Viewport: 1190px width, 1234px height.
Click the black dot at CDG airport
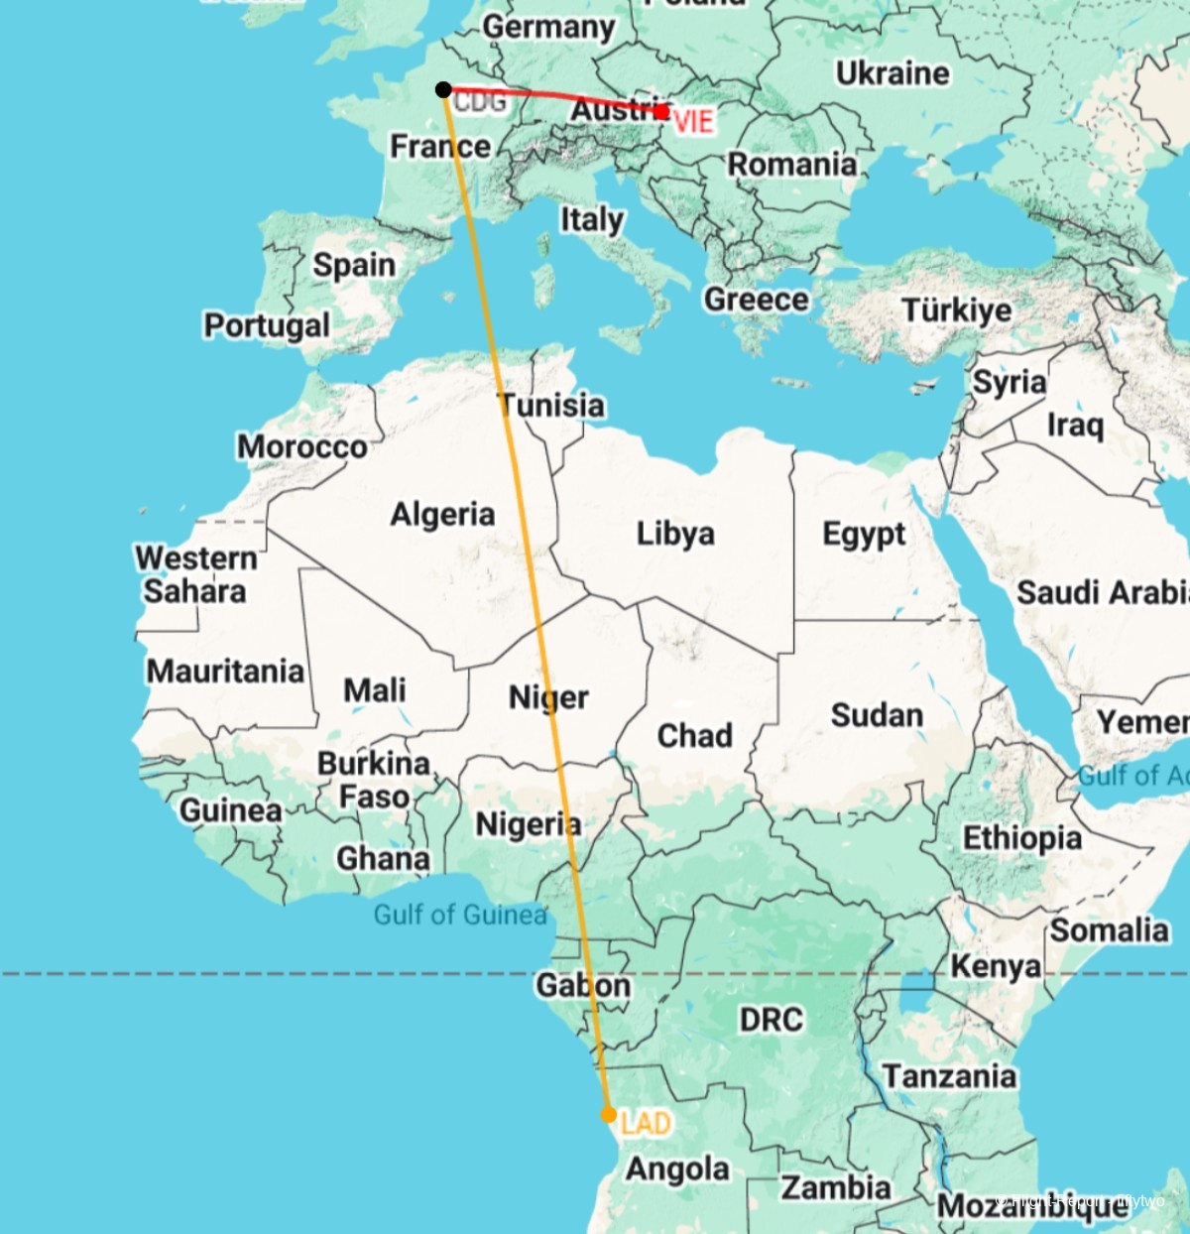pos(443,90)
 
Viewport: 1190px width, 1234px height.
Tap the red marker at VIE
pos(661,113)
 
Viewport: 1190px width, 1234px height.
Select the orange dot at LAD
pos(609,1114)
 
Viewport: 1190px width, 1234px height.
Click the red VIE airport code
pos(693,122)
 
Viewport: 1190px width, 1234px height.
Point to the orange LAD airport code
pos(646,1124)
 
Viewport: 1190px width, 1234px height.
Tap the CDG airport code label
pos(481,101)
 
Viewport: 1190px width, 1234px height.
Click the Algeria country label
pos(442,514)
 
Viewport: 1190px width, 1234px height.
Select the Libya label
pos(675,534)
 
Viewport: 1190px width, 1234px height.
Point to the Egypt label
pos(864,535)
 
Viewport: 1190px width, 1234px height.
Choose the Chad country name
pos(694,736)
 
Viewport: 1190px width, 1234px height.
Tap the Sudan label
pos(877,715)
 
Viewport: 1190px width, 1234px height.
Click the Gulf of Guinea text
pos(460,915)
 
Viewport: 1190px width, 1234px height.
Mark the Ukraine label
pos(892,73)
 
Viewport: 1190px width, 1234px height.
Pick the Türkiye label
pos(957,310)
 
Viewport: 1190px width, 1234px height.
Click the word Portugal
pos(267,325)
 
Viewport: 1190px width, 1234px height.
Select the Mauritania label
pos(225,672)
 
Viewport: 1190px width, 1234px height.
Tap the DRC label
pos(771,1020)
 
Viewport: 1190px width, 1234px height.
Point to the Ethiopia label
pos(1022,838)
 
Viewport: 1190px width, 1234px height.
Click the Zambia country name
pos(836,1187)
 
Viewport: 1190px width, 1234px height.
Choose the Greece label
pos(756,299)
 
